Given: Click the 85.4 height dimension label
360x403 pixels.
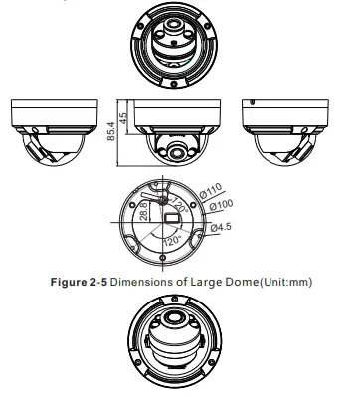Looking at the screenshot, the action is click(x=111, y=131).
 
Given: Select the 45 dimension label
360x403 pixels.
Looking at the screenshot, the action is click(x=123, y=118).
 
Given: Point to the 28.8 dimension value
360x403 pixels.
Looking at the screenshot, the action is click(x=144, y=211).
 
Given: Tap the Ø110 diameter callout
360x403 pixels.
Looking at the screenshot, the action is click(x=211, y=190).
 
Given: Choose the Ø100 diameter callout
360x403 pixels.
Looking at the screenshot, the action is click(x=221, y=205).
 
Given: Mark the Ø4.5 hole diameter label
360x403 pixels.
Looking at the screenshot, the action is click(x=221, y=227).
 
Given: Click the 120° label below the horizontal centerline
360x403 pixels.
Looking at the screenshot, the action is click(x=172, y=240).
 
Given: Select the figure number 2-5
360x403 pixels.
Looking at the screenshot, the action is click(x=98, y=282).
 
